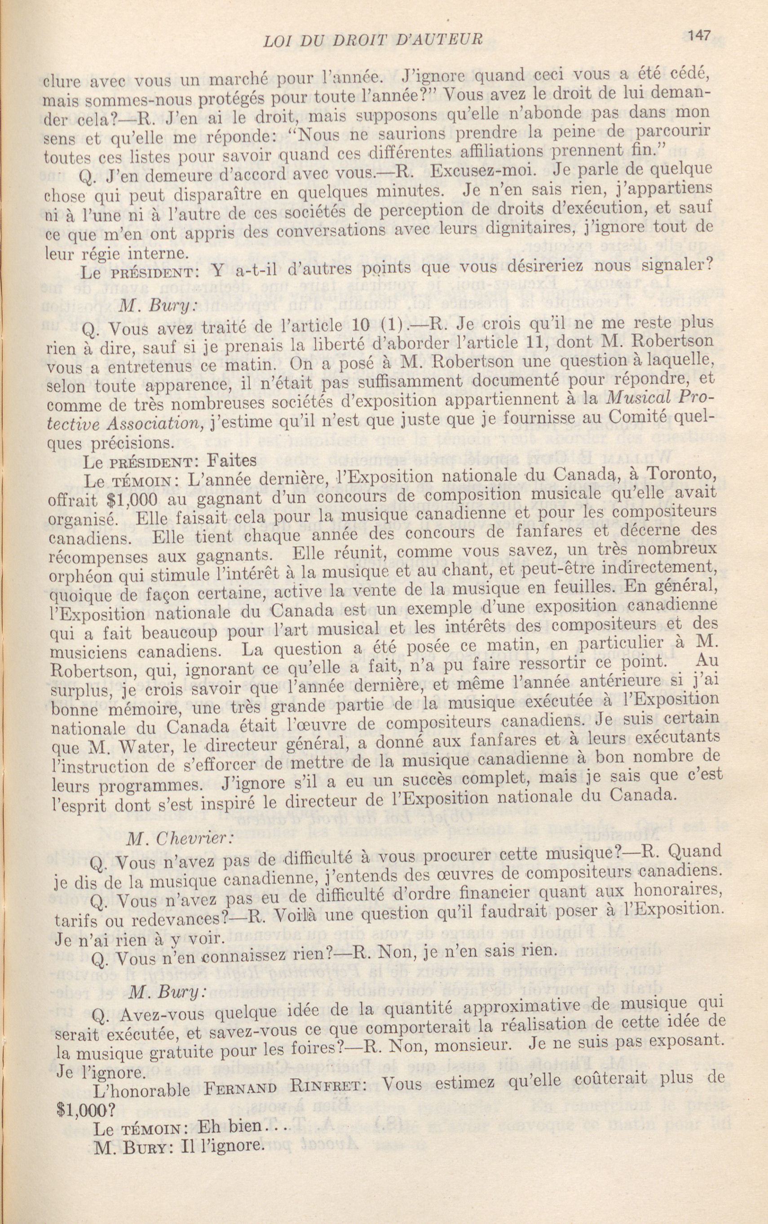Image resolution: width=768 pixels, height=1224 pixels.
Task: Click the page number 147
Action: pos(699,35)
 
